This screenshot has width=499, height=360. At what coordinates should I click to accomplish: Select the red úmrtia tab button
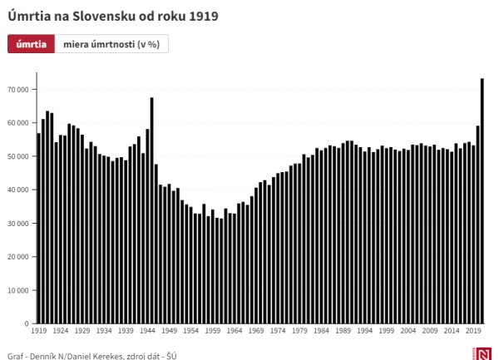[x=31, y=44]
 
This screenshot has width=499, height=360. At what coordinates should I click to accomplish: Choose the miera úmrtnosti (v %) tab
[x=111, y=44]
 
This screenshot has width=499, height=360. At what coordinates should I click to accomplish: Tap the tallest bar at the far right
[x=482, y=200]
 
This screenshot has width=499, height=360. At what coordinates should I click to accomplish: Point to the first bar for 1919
[x=38, y=228]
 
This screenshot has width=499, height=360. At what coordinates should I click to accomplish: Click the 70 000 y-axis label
[x=18, y=89]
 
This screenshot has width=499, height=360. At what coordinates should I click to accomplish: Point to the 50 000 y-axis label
[x=18, y=156]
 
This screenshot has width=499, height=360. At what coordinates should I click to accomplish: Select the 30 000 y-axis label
[x=18, y=223]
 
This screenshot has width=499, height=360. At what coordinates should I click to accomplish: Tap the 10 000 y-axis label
[x=18, y=290]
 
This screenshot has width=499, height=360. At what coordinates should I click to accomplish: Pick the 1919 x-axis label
[x=38, y=331]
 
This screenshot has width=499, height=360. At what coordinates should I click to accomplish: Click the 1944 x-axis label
[x=146, y=331]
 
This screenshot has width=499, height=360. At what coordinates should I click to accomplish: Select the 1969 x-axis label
[x=255, y=331]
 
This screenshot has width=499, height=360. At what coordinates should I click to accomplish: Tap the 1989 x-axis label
[x=343, y=331]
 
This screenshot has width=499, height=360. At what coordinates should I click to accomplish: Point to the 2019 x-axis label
[x=473, y=331]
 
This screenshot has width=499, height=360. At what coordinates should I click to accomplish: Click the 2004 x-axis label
[x=408, y=331]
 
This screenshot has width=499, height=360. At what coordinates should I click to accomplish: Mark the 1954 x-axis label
[x=190, y=331]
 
